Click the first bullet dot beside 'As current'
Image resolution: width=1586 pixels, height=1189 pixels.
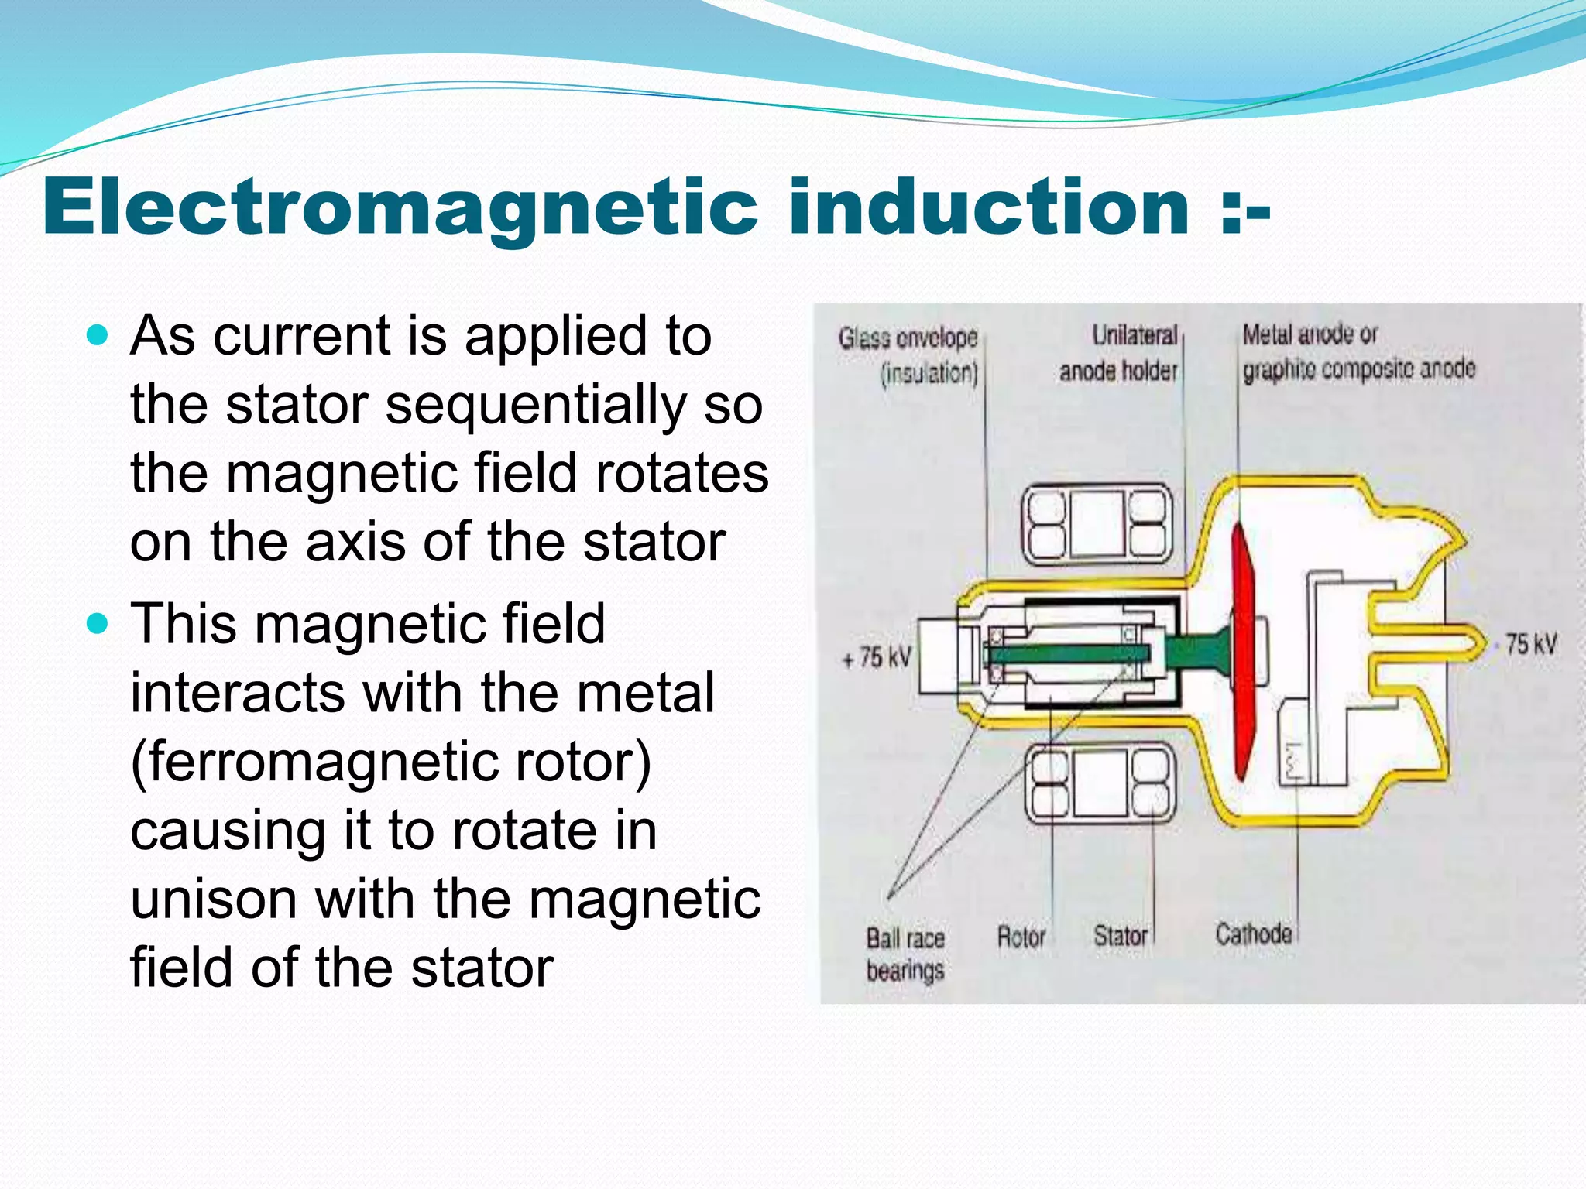point(98,335)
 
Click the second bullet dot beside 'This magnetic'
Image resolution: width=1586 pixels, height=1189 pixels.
point(98,623)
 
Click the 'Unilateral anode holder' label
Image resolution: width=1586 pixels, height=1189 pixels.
point(1119,353)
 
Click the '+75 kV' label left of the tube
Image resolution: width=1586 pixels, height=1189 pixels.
point(877,658)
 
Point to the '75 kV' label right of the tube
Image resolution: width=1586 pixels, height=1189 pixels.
point(1530,644)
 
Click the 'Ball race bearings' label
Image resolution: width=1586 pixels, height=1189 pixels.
point(905,954)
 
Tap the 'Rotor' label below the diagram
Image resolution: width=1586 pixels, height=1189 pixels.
point(1021,937)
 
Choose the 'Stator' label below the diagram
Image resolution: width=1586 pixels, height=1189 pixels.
point(1120,936)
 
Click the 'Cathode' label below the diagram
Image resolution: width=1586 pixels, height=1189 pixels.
point(1253,934)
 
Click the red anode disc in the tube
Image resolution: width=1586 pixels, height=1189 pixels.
point(1241,650)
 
